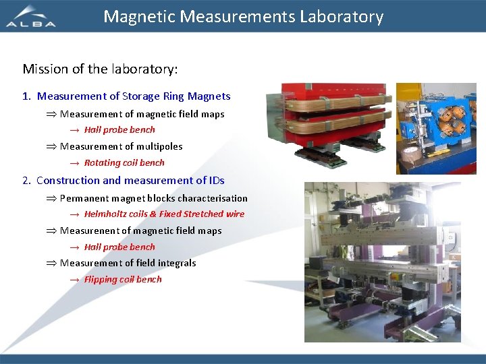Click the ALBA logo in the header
coord(31,17)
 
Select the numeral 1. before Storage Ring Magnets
coord(26,96)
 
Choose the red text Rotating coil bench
coord(124,162)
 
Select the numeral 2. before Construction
coord(26,180)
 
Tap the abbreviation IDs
coord(216,180)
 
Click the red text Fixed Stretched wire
coord(202,214)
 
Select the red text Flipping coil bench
coord(123,279)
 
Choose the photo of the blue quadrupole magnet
coord(435,128)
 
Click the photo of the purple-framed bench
coord(382,262)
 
